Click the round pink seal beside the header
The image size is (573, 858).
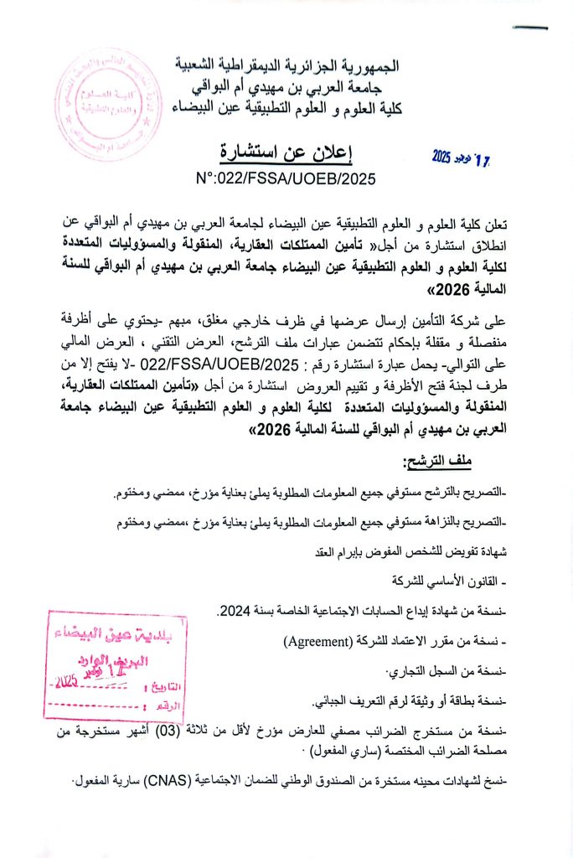pos(107,105)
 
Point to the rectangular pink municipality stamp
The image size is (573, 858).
pos(116,666)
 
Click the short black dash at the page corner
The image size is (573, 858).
pos(530,28)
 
